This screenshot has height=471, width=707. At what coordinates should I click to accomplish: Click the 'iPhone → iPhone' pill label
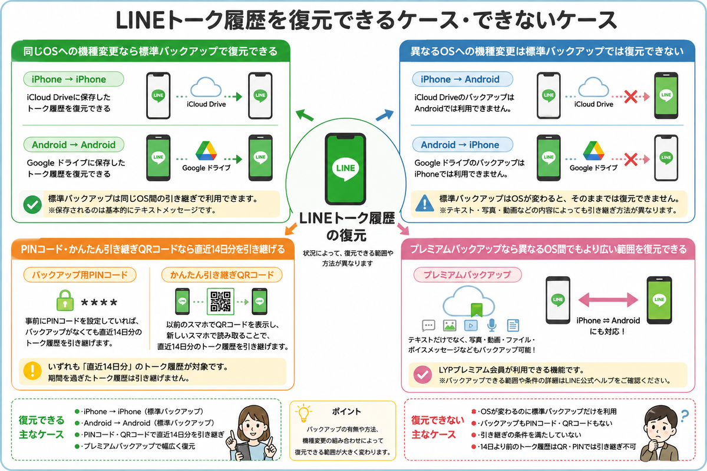coord(74,79)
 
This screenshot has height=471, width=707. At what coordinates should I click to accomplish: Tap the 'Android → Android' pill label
coord(74,145)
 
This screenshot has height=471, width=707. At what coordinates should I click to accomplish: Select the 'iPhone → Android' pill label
coord(462,79)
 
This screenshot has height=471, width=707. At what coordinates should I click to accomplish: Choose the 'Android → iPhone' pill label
coord(462,145)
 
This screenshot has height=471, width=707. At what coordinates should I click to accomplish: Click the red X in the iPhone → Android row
coord(630,97)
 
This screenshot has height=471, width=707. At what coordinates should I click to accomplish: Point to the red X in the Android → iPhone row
coord(630,160)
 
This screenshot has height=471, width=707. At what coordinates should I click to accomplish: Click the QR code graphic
coord(220,301)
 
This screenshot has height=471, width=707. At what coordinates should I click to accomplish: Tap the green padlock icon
coord(65,300)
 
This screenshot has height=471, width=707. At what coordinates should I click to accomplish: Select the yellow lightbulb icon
coord(303,413)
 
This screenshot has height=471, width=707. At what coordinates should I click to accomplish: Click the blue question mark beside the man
coord(684,416)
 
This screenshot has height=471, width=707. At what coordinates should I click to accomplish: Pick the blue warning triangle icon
coord(425,203)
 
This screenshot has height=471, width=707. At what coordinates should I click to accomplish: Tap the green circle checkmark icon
coord(32,204)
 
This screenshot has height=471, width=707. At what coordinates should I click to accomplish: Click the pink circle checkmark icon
coord(422,374)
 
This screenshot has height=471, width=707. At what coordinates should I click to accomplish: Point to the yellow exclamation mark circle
coord(32,370)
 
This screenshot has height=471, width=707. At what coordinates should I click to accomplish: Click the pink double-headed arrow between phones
coord(608,300)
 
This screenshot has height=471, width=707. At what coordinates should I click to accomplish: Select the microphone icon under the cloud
coord(491,325)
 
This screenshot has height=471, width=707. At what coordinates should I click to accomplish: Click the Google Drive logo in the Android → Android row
coord(206,151)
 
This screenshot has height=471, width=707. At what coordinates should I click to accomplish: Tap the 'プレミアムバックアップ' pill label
coord(467,275)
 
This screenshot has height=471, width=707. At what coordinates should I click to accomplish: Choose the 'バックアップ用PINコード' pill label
coord(80,275)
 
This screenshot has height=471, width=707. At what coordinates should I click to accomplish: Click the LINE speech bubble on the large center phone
coord(346,169)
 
